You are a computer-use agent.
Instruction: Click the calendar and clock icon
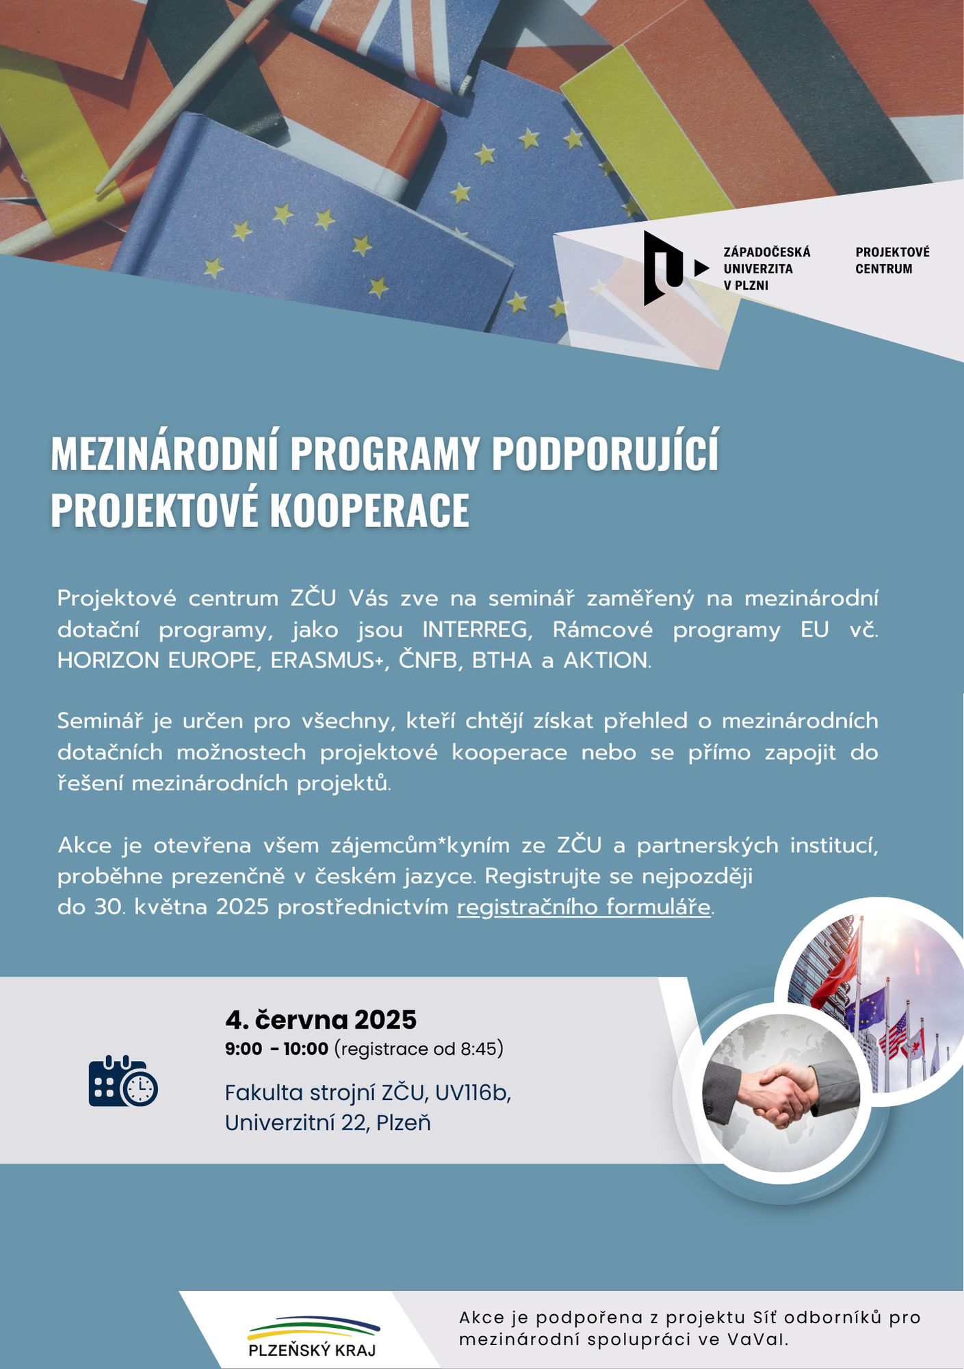pyautogui.click(x=123, y=1081)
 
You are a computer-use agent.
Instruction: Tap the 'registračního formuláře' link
pyautogui.click(x=584, y=907)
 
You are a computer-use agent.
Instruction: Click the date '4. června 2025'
pyautogui.click(x=320, y=1020)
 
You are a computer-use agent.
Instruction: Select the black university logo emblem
pyautogui.click(x=663, y=268)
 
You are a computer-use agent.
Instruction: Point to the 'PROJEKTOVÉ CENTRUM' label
pyautogui.click(x=892, y=261)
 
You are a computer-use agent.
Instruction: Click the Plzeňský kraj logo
pyautogui.click(x=313, y=1337)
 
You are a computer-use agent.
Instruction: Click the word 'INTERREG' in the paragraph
pyautogui.click(x=477, y=629)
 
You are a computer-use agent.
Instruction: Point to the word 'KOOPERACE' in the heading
pyautogui.click(x=369, y=510)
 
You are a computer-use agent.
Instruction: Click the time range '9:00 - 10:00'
pyautogui.click(x=276, y=1049)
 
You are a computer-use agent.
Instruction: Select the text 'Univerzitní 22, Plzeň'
pyautogui.click(x=328, y=1123)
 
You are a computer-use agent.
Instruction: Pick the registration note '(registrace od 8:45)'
pyautogui.click(x=419, y=1049)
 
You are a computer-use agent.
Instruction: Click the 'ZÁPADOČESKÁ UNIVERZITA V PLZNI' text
pyautogui.click(x=766, y=269)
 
